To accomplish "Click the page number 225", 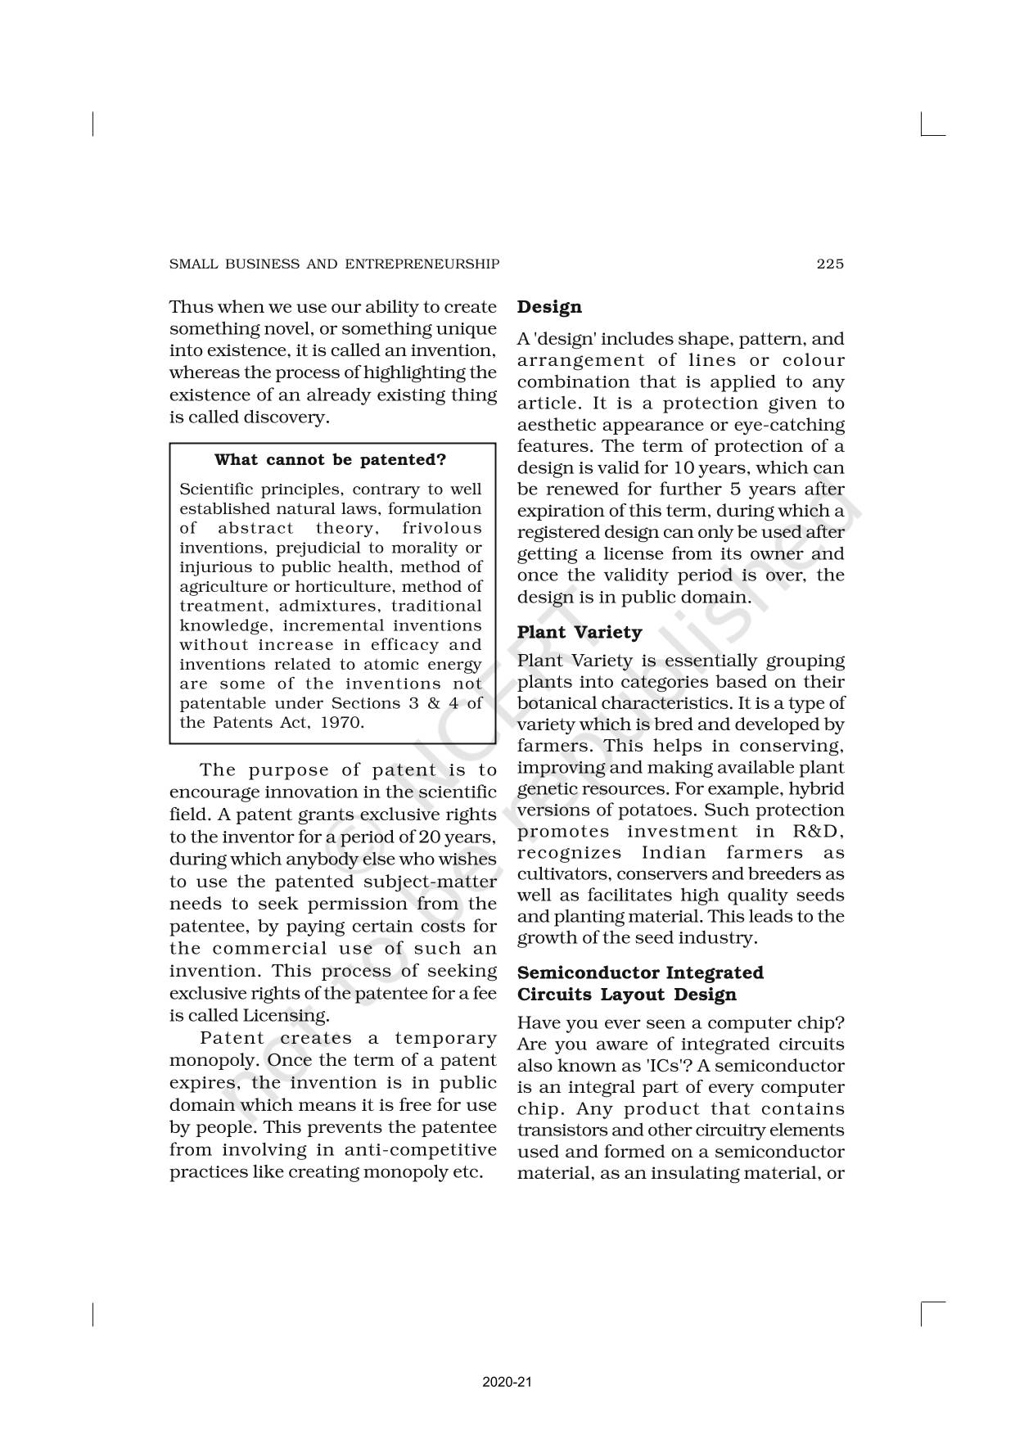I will click(x=829, y=264).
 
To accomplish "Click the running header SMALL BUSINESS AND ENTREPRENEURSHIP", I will click(x=334, y=264).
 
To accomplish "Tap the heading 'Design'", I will click(x=549, y=307).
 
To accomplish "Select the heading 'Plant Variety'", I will click(x=580, y=632).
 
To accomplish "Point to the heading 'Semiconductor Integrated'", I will click(x=640, y=972).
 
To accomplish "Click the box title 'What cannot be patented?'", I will click(x=331, y=460).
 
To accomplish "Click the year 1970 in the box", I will click(x=341, y=723).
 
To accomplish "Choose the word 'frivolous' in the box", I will click(x=442, y=529).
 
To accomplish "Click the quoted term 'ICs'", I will click(x=677, y=1066).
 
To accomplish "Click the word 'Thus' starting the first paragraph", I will click(x=190, y=307).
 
